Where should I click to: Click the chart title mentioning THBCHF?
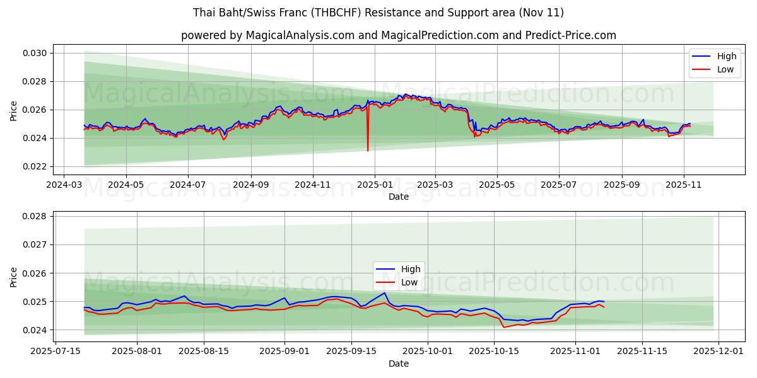pos(378,13)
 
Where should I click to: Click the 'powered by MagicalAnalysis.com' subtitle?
pos(398,35)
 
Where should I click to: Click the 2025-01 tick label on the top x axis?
pos(374,185)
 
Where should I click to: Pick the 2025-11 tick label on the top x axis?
pos(684,185)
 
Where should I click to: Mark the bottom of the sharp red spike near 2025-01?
pos(368,151)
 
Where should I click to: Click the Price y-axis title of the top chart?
pos(14,110)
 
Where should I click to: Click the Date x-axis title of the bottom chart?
pos(398,364)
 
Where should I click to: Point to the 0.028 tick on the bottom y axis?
pos(37,216)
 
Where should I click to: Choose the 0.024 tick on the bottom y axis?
pos(37,330)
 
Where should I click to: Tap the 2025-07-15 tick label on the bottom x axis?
pos(56,351)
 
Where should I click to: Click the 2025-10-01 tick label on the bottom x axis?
pos(428,351)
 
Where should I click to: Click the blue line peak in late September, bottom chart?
pos(385,293)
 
